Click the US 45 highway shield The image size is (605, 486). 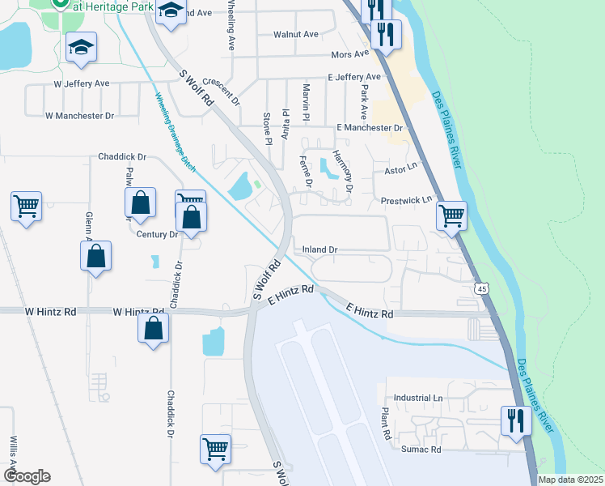482,288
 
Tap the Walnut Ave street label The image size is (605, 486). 296,35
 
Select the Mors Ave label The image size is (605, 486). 349,55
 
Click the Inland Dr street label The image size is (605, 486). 319,249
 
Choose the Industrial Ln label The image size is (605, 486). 418,399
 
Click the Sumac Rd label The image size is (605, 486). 424,449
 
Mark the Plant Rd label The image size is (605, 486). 386,424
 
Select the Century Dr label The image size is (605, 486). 157,234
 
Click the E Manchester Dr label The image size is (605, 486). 370,128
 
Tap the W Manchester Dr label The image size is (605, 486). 79,116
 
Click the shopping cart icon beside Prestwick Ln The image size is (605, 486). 451,215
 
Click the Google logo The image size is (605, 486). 27,475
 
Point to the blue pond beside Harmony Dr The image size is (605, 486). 328,168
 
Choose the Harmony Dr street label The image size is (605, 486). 344,172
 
